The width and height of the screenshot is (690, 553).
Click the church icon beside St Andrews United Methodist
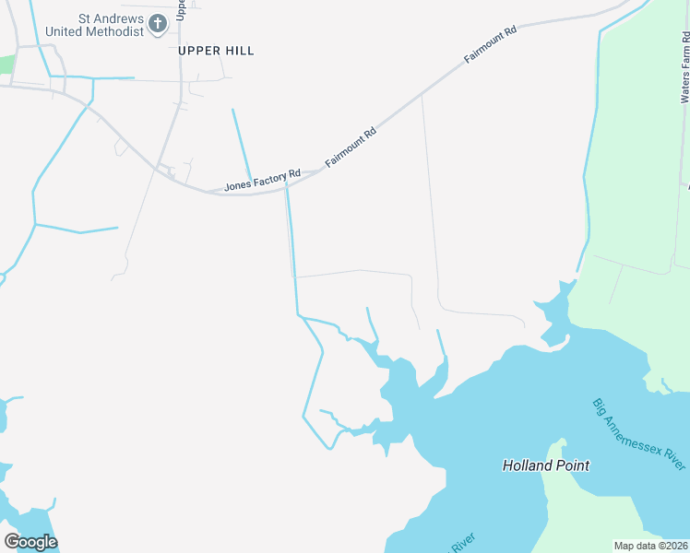[158, 23]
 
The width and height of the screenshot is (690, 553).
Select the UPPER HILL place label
[216, 51]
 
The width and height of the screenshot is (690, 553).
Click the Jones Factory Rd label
[262, 179]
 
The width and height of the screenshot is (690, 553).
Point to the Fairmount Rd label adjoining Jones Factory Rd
[351, 148]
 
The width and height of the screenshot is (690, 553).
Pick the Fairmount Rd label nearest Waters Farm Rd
[490, 44]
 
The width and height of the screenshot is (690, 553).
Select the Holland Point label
[545, 465]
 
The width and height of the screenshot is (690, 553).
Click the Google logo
[30, 541]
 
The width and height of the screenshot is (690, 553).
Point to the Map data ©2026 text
[649, 546]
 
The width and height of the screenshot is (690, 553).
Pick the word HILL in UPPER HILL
[238, 51]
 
